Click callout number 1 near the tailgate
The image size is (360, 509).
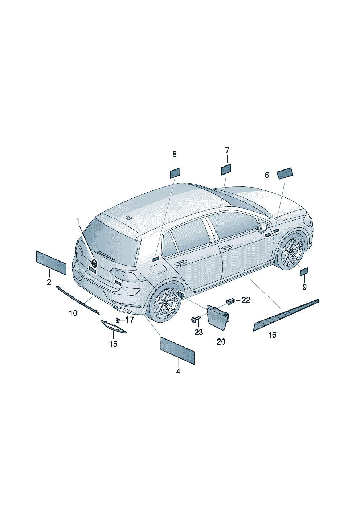[x=78, y=221]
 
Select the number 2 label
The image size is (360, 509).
[x=49, y=282]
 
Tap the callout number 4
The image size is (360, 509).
[x=178, y=372]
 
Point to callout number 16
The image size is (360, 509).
[x=272, y=334]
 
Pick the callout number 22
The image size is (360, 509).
[x=246, y=300]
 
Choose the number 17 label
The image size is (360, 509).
[x=130, y=320]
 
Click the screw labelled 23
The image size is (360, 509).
[x=196, y=320]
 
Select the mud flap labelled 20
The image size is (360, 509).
[x=217, y=316]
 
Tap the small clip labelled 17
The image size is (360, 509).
[x=118, y=320]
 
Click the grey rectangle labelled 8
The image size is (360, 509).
[x=175, y=173]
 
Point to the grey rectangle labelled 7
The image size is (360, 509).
[x=226, y=169]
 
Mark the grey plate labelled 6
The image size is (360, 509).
[x=285, y=173]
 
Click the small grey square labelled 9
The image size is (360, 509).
[x=304, y=271]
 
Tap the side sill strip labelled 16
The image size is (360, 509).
[x=286, y=315]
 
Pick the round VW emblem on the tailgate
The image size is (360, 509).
[x=94, y=263]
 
